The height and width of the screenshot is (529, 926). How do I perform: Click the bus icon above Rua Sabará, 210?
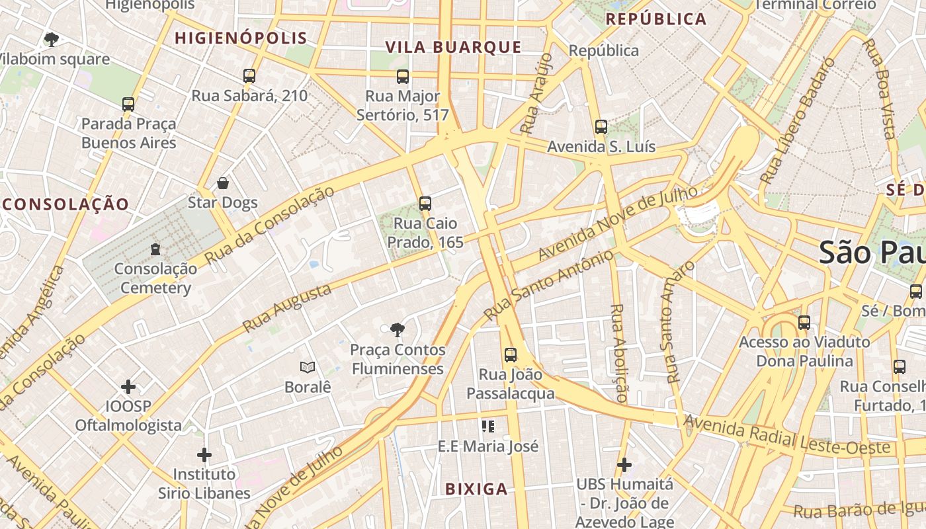(x=249, y=76)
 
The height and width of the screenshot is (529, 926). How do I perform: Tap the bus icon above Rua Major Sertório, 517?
(x=403, y=77)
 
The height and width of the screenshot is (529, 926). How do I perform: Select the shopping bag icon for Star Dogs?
(x=223, y=183)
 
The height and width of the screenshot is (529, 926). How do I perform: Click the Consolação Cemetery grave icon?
(x=155, y=249)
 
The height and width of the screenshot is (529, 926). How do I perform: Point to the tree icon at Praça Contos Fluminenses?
(x=397, y=329)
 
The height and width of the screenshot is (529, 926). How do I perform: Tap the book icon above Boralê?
(x=307, y=367)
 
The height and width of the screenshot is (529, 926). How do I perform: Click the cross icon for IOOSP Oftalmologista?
(x=128, y=386)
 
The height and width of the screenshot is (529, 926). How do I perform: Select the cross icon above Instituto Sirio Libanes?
(x=204, y=455)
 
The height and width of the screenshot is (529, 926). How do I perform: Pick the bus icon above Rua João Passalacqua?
(x=510, y=355)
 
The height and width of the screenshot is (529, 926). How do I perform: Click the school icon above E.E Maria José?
(x=488, y=427)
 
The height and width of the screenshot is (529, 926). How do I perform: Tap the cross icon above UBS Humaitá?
(x=624, y=465)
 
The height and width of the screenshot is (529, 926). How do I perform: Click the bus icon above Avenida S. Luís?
(x=601, y=127)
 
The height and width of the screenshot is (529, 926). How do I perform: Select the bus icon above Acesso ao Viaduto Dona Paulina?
(x=804, y=323)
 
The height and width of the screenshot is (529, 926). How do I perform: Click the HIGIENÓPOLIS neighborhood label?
(x=241, y=38)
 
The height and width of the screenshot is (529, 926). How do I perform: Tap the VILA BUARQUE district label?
(x=454, y=47)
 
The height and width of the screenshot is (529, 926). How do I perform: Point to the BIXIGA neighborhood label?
(x=476, y=489)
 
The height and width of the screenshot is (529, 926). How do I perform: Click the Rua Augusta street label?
(x=287, y=308)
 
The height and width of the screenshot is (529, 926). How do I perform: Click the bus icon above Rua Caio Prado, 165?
(x=425, y=204)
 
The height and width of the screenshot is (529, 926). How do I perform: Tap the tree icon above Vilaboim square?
(x=51, y=40)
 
